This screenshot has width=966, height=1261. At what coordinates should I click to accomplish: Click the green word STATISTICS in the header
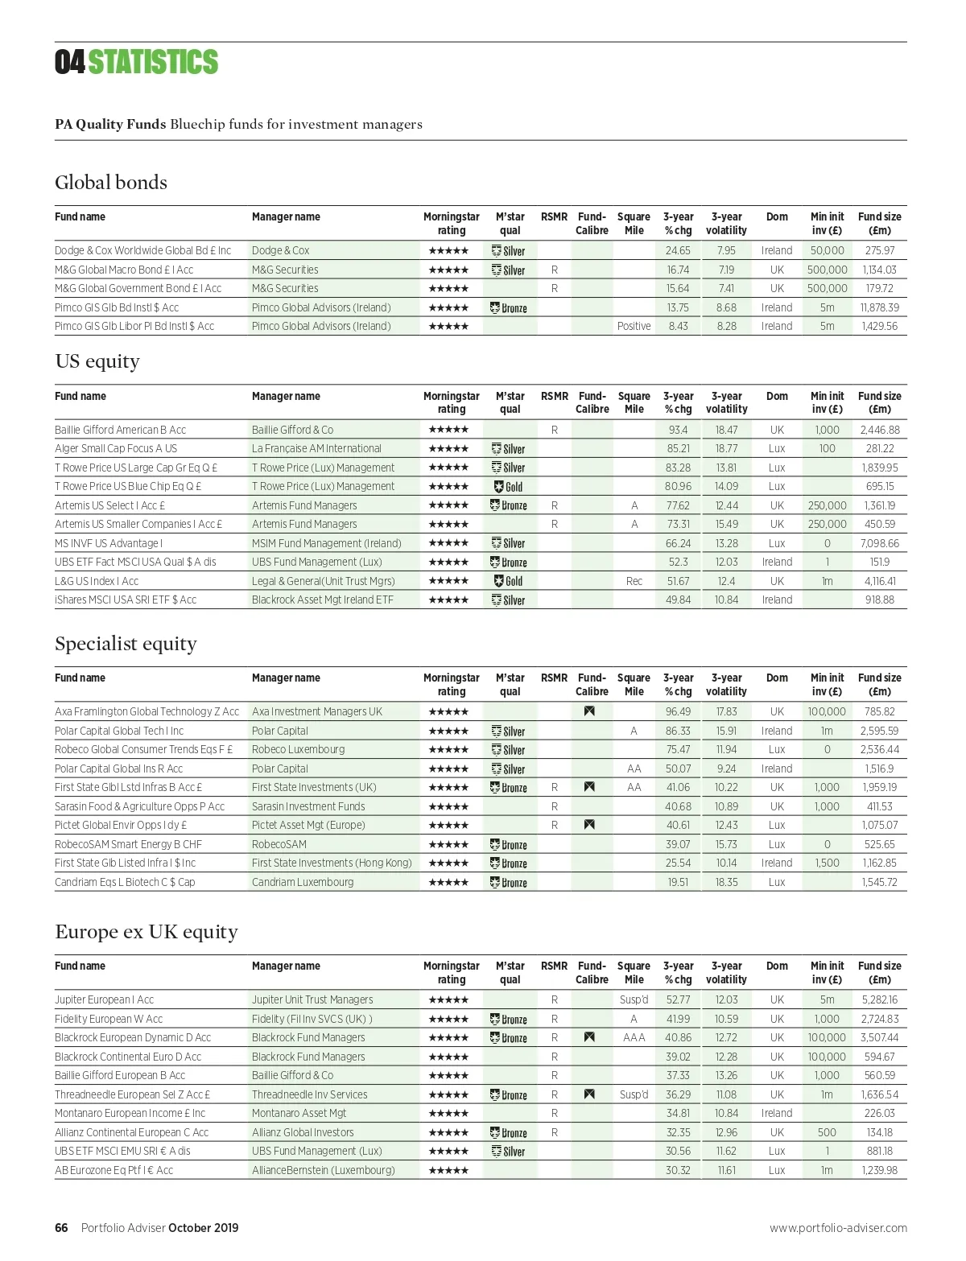point(153,63)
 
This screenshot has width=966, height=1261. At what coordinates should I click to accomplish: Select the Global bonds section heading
point(111,183)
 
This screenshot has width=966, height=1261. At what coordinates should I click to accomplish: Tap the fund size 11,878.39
point(879,307)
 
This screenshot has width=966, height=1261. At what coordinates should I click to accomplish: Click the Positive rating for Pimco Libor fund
point(634,326)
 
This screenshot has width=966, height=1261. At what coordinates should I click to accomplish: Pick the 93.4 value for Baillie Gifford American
point(678,430)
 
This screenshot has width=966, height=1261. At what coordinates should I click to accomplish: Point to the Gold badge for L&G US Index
point(509,581)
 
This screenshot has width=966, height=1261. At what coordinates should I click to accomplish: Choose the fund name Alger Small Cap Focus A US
point(116,448)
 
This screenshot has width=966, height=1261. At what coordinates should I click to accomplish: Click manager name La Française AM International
point(316,448)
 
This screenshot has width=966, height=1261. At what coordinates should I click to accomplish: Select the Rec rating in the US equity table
point(634,581)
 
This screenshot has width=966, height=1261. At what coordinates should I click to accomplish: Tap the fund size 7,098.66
point(879,543)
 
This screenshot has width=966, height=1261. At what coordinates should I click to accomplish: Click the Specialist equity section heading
point(126,644)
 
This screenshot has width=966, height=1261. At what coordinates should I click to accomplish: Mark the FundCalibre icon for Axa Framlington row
point(589,711)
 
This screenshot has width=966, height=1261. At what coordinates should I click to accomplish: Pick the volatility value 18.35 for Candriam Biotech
point(726,882)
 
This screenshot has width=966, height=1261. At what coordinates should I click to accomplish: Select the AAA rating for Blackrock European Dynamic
point(634,1037)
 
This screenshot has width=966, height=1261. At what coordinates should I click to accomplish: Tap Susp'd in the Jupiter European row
point(634,999)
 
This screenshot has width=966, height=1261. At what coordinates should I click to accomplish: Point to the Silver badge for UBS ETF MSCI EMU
point(509,1152)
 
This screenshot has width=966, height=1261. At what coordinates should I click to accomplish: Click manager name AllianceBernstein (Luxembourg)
point(323,1170)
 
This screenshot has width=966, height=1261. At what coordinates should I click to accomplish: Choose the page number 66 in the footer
point(61,1228)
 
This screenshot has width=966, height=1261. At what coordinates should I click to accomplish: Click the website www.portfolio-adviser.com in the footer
point(838,1228)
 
